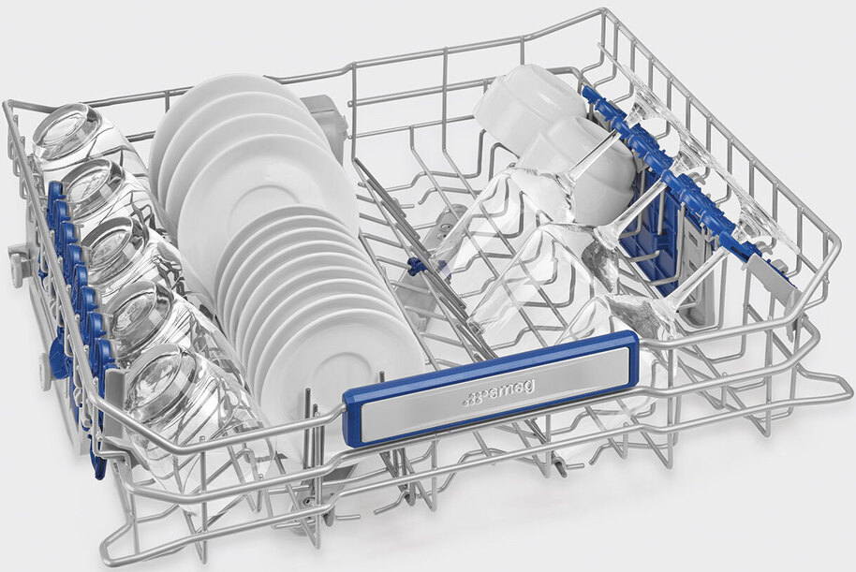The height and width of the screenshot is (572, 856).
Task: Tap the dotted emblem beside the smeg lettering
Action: point(473,399)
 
